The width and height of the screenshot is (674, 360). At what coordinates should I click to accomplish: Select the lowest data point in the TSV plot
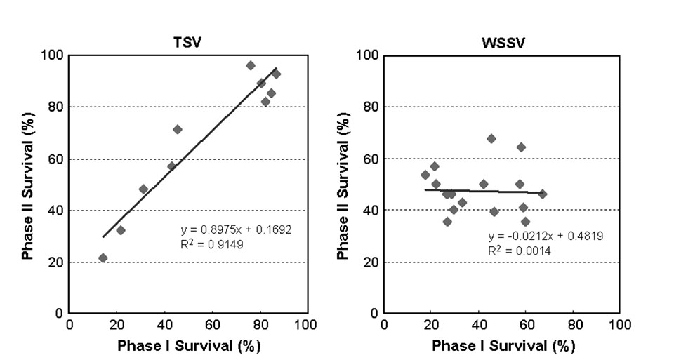103,258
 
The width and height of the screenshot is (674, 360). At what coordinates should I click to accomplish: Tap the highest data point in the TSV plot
251,65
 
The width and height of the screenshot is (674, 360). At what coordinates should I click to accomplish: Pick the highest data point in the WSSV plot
491,138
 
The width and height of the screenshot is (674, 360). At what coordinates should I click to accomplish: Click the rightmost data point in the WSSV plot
542,194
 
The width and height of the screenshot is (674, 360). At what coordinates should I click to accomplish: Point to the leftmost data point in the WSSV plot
425,175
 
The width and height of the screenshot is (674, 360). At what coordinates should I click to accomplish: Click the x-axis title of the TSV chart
188,346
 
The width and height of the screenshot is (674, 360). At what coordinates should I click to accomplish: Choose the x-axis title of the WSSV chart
503,346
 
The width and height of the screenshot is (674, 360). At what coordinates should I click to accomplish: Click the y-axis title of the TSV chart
27,184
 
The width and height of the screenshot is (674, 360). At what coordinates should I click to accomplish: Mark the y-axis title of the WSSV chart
343,184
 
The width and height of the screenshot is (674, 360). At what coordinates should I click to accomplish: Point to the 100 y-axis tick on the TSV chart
54,55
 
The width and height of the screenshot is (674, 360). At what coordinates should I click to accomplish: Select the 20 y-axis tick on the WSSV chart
371,262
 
